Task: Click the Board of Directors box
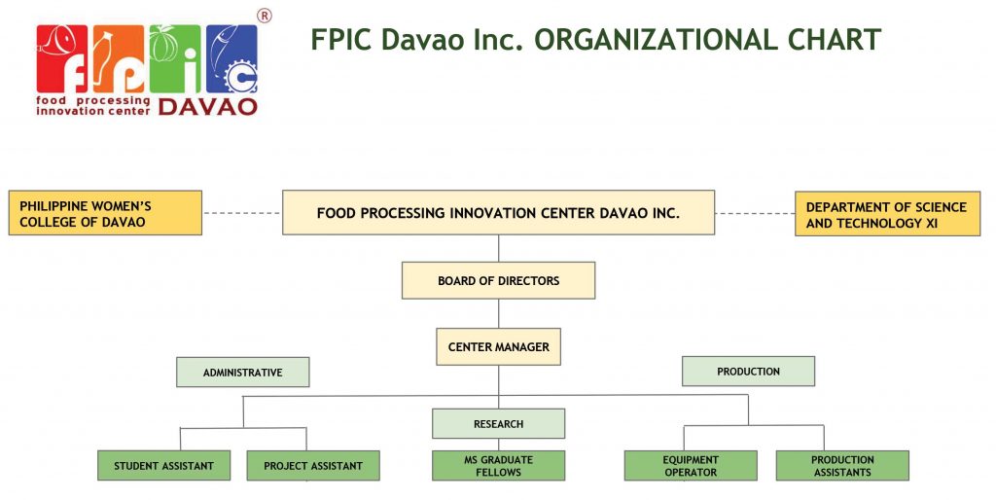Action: point(499,280)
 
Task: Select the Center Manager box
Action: point(499,347)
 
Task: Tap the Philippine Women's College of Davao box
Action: point(105,213)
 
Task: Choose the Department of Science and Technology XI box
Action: point(887,214)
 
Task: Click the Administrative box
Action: point(242,373)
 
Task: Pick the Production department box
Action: point(748,371)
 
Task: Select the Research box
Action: point(499,424)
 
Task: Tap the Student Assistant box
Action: point(163,466)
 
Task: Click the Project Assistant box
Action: point(313,466)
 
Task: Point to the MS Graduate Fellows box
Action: point(499,466)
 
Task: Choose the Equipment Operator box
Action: point(691,466)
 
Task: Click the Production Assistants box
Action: point(842,466)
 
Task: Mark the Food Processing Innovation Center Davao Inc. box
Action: point(499,212)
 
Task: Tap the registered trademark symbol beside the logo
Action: point(265,16)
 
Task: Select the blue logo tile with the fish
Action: point(231,59)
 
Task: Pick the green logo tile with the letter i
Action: point(175,59)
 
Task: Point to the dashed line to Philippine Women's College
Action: point(242,213)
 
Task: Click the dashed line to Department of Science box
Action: point(755,213)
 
